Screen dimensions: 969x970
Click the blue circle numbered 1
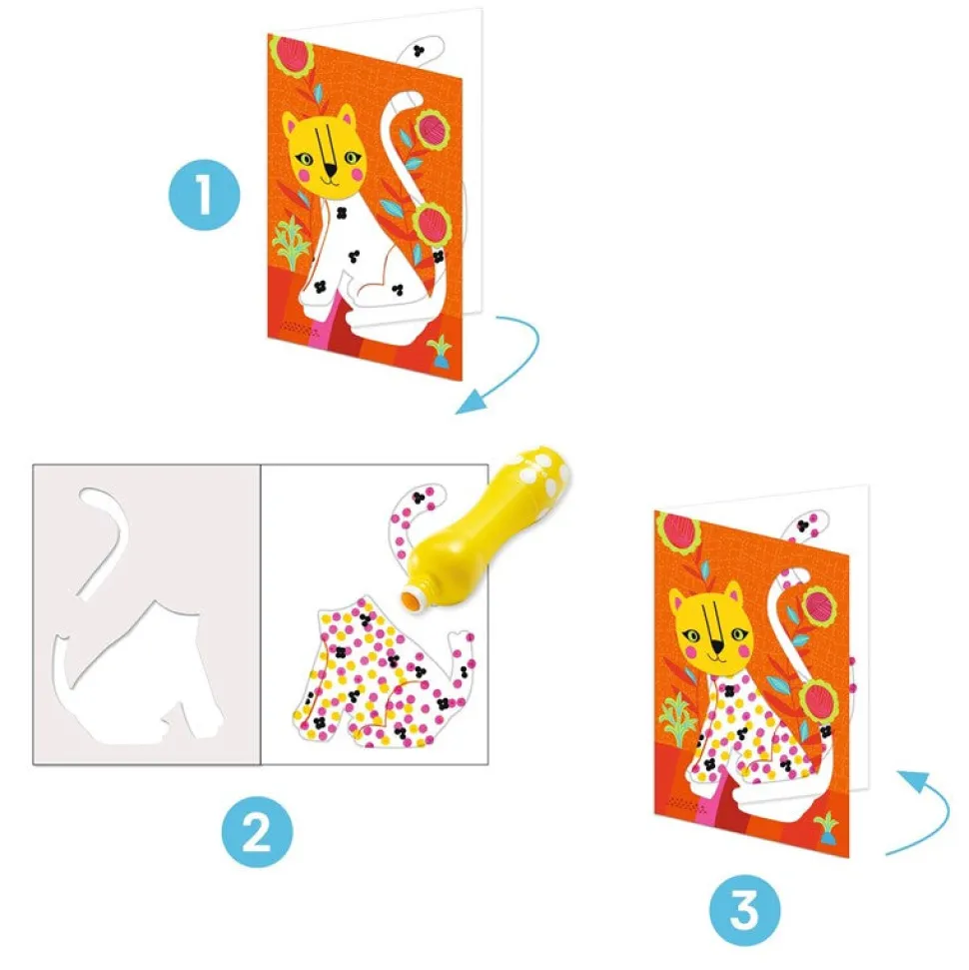tap(204, 195)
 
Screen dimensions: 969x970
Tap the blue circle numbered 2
tap(258, 832)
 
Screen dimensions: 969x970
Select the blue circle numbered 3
tap(745, 910)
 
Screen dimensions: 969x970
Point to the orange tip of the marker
tap(411, 598)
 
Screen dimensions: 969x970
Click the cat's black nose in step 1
tap(332, 171)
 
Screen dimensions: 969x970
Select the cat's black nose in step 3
tap(718, 647)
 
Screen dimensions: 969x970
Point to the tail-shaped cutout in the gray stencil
tap(105, 539)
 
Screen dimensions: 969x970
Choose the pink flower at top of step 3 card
tap(679, 530)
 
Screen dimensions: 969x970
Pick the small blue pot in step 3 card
tap(827, 829)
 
